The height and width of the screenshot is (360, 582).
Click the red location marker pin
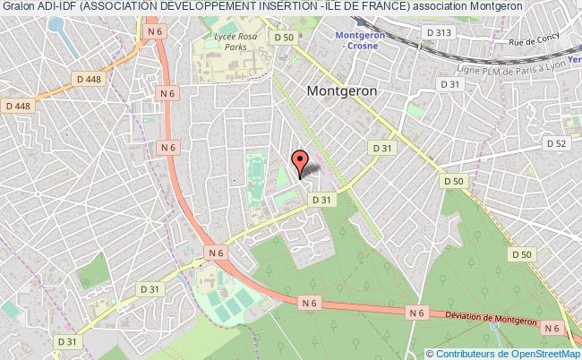301,161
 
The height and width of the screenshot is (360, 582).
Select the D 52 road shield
556,143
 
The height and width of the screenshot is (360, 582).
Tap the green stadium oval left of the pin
254,167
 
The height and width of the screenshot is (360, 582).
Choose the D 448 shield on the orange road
89,79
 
